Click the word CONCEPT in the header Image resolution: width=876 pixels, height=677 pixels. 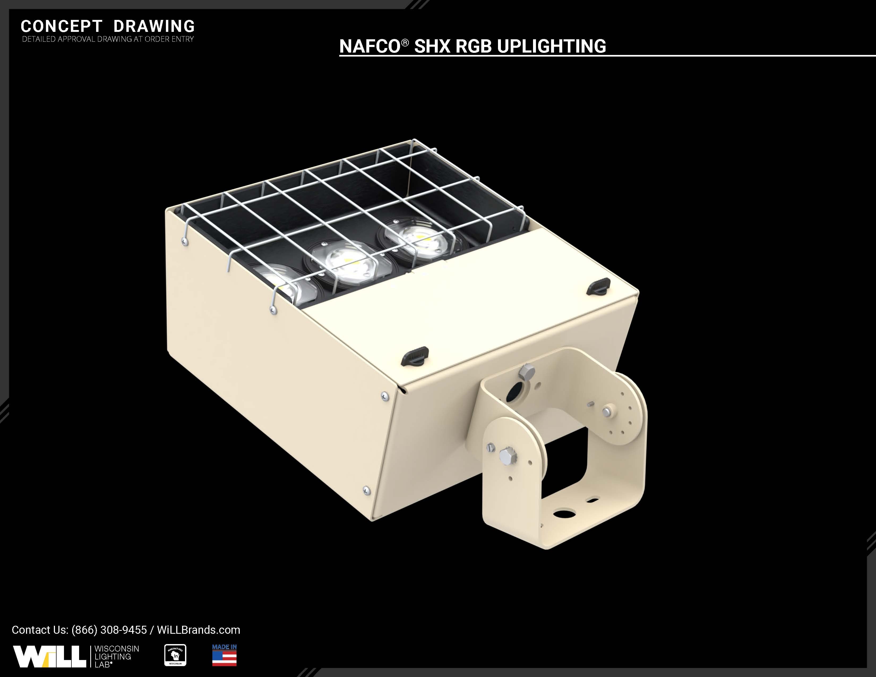click(61, 27)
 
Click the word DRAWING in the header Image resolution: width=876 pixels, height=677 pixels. click(154, 27)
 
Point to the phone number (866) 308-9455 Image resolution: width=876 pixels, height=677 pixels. click(109, 630)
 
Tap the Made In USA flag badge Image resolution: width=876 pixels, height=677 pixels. click(224, 655)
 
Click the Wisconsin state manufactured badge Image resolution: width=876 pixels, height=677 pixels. click(175, 655)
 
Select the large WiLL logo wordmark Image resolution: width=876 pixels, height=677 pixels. click(49, 657)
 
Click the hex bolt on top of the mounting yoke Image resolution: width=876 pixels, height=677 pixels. click(526, 372)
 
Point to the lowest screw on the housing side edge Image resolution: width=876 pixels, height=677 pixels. click(366, 490)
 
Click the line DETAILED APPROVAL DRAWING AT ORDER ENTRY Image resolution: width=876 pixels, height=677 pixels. click(108, 39)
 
